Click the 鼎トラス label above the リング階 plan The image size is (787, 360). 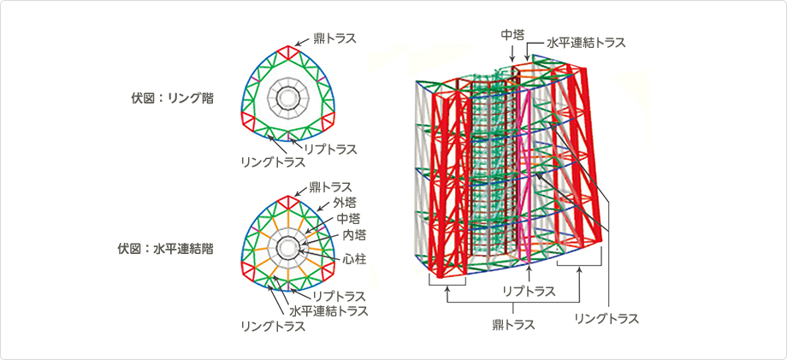click(332, 38)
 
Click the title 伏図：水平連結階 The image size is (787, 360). click(165, 250)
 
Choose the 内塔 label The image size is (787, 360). click(353, 234)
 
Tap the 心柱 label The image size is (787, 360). click(352, 257)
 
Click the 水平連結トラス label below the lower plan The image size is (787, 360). click(328, 310)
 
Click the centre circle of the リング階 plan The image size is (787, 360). click(284, 98)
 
